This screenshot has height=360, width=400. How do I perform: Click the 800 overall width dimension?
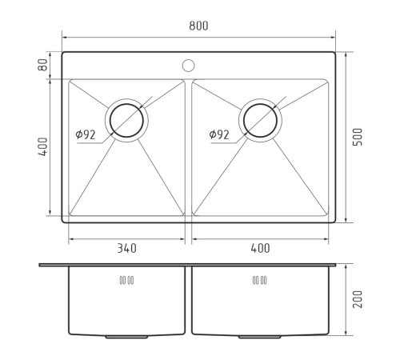[x=198, y=26]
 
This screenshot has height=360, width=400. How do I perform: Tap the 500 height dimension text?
[x=358, y=137]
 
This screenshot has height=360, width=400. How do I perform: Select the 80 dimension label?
[x=42, y=65]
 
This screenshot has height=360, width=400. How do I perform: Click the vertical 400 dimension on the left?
[x=42, y=146]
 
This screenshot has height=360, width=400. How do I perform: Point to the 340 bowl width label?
[x=126, y=248]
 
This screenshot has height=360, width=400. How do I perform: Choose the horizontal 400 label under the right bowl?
[x=260, y=248]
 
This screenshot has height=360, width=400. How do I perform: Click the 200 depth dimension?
[x=358, y=299]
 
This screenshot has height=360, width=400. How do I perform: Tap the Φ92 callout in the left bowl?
[x=86, y=134]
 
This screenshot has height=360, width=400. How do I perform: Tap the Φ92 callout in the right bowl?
[x=219, y=134]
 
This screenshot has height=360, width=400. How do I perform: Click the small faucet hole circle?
[x=189, y=66]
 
